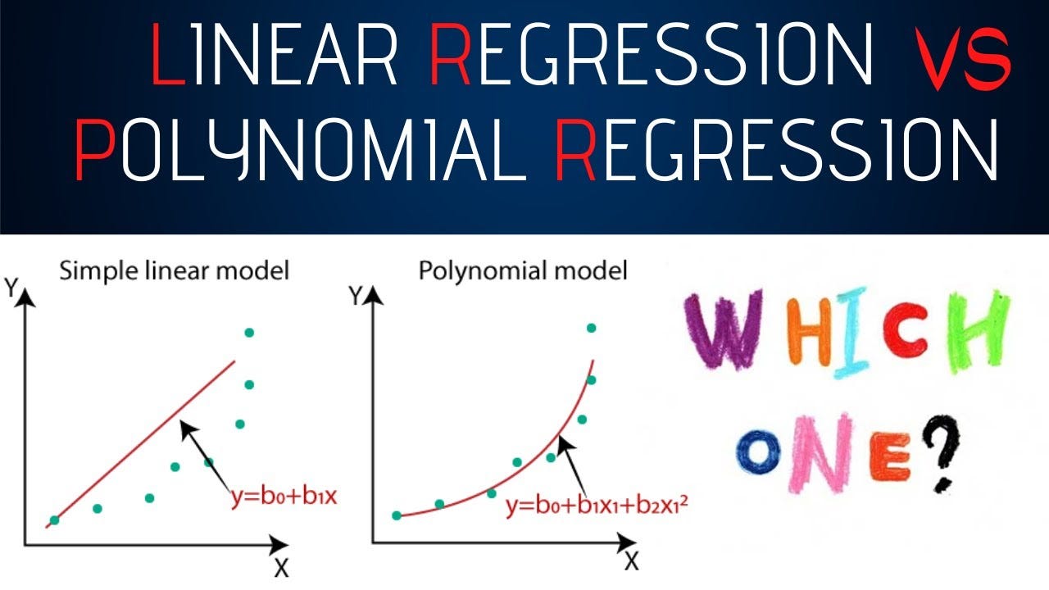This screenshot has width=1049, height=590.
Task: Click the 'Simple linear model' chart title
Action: click(x=175, y=271)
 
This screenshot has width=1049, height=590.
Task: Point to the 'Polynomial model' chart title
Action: click(x=523, y=271)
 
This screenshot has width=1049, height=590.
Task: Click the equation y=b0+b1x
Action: click(x=284, y=497)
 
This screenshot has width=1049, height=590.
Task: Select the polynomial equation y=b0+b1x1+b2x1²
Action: click(x=597, y=506)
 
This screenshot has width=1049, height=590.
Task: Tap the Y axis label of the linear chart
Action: click(x=11, y=288)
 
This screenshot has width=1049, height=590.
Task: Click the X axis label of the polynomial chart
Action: click(x=632, y=561)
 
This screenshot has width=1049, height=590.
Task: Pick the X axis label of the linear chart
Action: click(x=281, y=569)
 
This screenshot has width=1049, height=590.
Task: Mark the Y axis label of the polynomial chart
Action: click(x=356, y=296)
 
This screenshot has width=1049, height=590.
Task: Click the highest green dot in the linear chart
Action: click(x=249, y=333)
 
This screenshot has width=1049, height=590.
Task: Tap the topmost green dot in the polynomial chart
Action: click(x=592, y=329)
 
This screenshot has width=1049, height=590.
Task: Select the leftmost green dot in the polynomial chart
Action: click(x=397, y=515)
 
